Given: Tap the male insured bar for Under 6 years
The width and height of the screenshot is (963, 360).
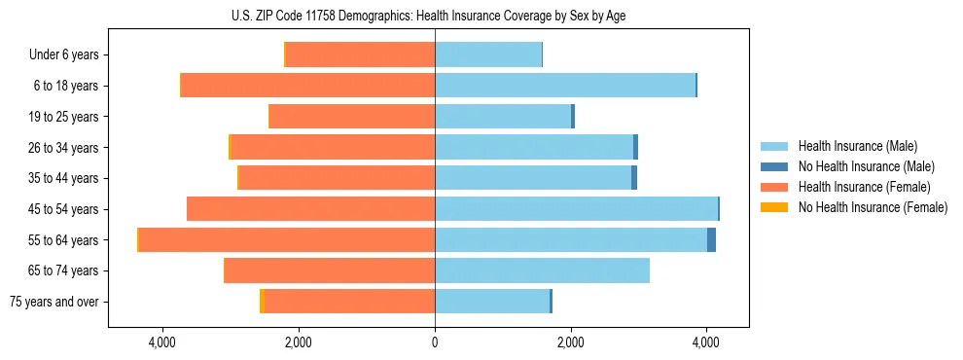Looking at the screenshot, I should [488, 54].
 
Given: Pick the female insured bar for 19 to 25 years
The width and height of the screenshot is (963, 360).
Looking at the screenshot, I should [352, 117].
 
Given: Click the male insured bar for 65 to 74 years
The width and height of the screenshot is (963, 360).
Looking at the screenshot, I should [542, 270].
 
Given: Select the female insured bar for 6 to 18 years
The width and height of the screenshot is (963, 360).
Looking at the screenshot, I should [308, 86].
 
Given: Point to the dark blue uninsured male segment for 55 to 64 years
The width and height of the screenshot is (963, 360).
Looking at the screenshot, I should [711, 239].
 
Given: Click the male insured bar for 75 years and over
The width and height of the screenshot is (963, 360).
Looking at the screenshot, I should [492, 302].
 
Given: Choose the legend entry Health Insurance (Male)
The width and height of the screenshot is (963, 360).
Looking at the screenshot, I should [857, 146].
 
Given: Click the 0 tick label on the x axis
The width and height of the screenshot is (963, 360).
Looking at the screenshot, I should [435, 342].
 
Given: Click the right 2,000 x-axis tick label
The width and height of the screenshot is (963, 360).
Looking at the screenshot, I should [571, 342].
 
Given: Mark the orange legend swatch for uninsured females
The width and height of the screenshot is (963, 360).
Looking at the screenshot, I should [774, 207].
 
